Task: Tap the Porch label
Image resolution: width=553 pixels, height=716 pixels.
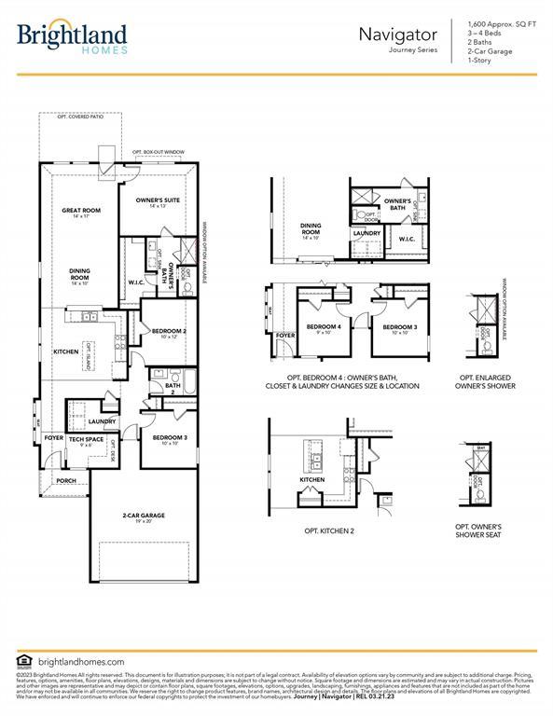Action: coord(65,481)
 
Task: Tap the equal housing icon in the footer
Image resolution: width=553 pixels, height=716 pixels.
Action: coord(25,661)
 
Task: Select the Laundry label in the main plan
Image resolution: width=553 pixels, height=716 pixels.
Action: coord(102,421)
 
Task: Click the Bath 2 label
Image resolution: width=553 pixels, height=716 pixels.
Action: coord(173,388)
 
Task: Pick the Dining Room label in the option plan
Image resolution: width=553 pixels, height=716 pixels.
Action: coord(311,229)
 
